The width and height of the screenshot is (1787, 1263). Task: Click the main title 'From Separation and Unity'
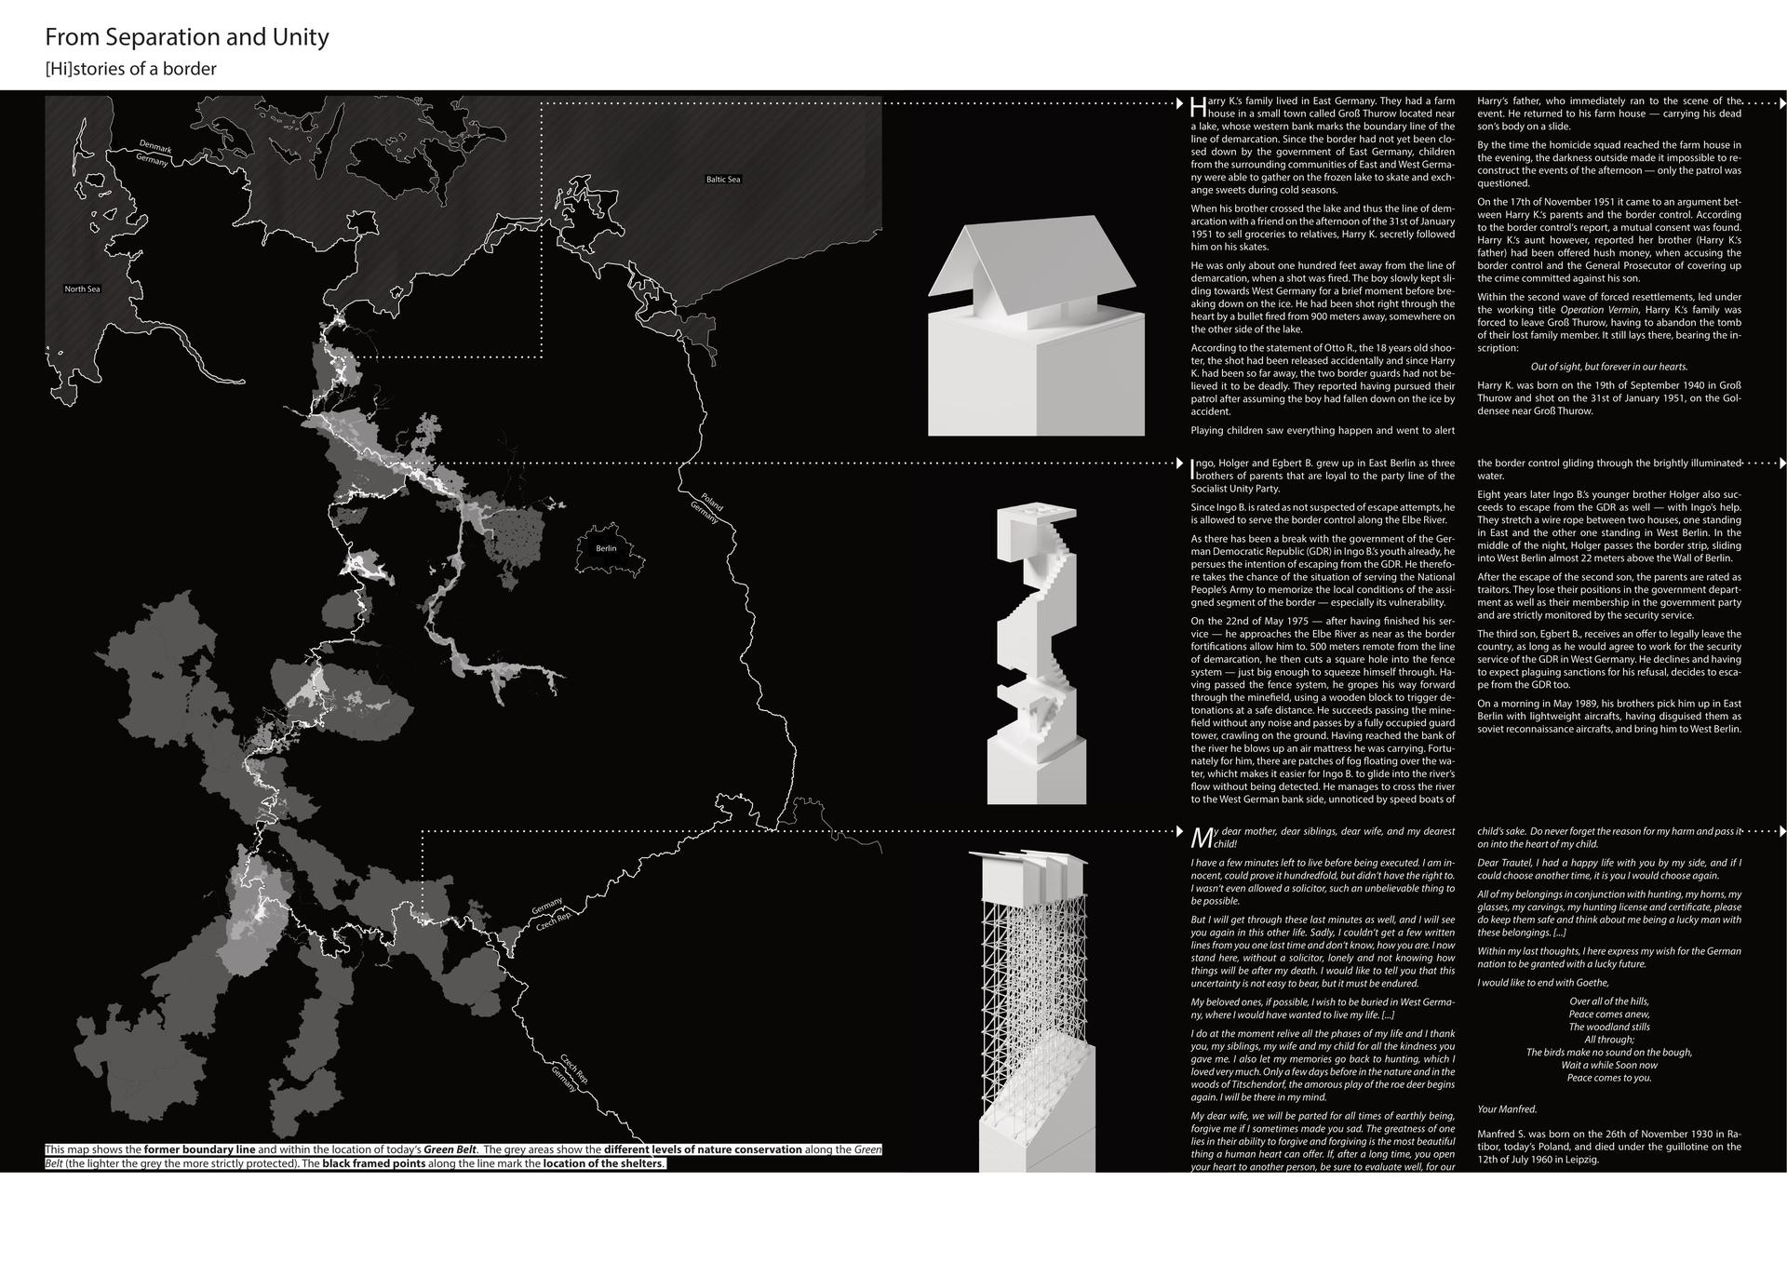[187, 38]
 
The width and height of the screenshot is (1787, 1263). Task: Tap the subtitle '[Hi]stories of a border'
[130, 69]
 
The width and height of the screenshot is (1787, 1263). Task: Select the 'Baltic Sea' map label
[723, 179]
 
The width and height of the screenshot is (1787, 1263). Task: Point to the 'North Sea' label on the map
[82, 289]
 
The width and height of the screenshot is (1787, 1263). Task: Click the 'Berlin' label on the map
[606, 548]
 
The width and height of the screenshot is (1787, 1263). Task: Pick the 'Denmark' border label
[155, 146]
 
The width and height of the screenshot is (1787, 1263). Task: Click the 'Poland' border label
[712, 502]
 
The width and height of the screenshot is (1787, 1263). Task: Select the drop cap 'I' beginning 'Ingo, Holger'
[1193, 464]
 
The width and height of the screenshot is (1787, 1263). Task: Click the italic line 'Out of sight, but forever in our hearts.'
[1608, 367]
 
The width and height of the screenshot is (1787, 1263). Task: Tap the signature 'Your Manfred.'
[1507, 1108]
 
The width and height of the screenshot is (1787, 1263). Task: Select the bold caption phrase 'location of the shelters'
[603, 1163]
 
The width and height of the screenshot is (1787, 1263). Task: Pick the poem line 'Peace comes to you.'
[1608, 1078]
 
